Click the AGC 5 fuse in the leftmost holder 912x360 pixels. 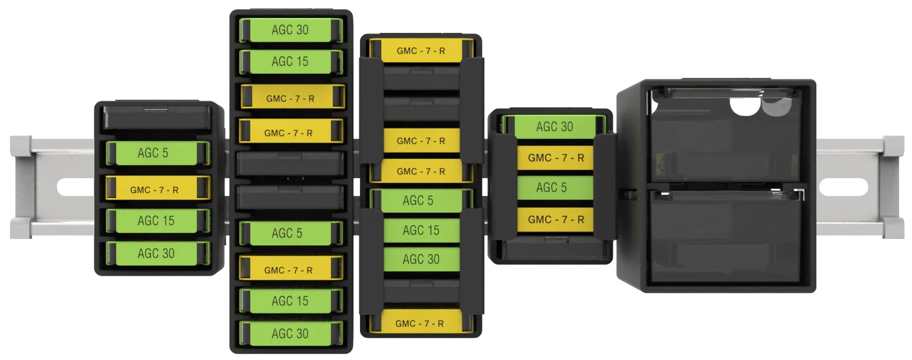click(158, 153)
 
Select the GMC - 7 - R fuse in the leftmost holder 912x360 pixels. click(158, 187)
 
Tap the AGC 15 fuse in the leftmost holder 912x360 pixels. click(158, 221)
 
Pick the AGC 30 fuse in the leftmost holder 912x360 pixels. click(158, 253)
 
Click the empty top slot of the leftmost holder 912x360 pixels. click(158, 118)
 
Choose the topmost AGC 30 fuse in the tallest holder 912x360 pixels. click(291, 30)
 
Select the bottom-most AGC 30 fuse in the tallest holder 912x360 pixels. click(291, 333)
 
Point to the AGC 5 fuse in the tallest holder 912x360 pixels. click(291, 233)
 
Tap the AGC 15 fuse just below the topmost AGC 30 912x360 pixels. click(291, 61)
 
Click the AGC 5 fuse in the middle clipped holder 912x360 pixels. click(422, 200)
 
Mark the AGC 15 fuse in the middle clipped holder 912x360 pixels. click(422, 230)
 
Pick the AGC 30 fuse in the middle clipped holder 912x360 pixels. click(422, 259)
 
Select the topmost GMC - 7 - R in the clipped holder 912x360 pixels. click(422, 50)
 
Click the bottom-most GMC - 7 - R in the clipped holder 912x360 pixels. click(422, 323)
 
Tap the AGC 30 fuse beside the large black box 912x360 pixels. click(554, 126)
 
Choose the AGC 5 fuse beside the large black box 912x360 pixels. click(555, 187)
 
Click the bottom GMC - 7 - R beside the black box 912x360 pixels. click(555, 220)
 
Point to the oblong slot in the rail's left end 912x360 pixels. click(75, 187)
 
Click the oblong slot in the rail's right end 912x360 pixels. click(843, 187)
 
